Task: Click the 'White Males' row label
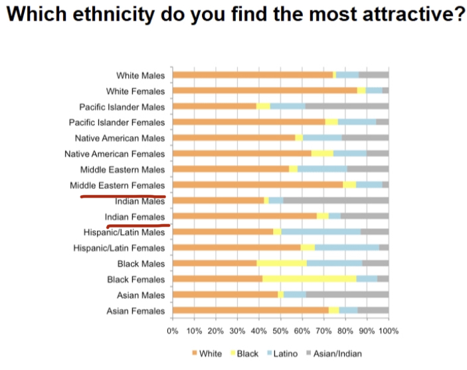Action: pos(140,76)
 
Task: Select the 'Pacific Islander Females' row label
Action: pos(117,122)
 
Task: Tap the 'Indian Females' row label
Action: pos(135,217)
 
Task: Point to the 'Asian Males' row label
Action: pos(140,294)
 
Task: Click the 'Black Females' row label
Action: pos(136,279)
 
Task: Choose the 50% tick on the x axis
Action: pos(280,330)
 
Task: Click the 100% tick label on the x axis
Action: pos(388,330)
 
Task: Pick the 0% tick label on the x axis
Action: pos(173,330)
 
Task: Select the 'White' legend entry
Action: pos(207,353)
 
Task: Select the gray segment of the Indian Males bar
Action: pos(335,200)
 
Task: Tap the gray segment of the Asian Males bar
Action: pos(347,294)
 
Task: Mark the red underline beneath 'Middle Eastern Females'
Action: pos(123,196)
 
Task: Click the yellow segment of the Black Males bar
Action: pos(282,263)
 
